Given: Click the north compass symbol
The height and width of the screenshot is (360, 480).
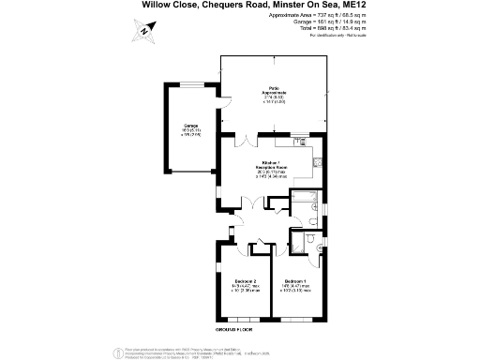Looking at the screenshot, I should pos(143,31).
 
